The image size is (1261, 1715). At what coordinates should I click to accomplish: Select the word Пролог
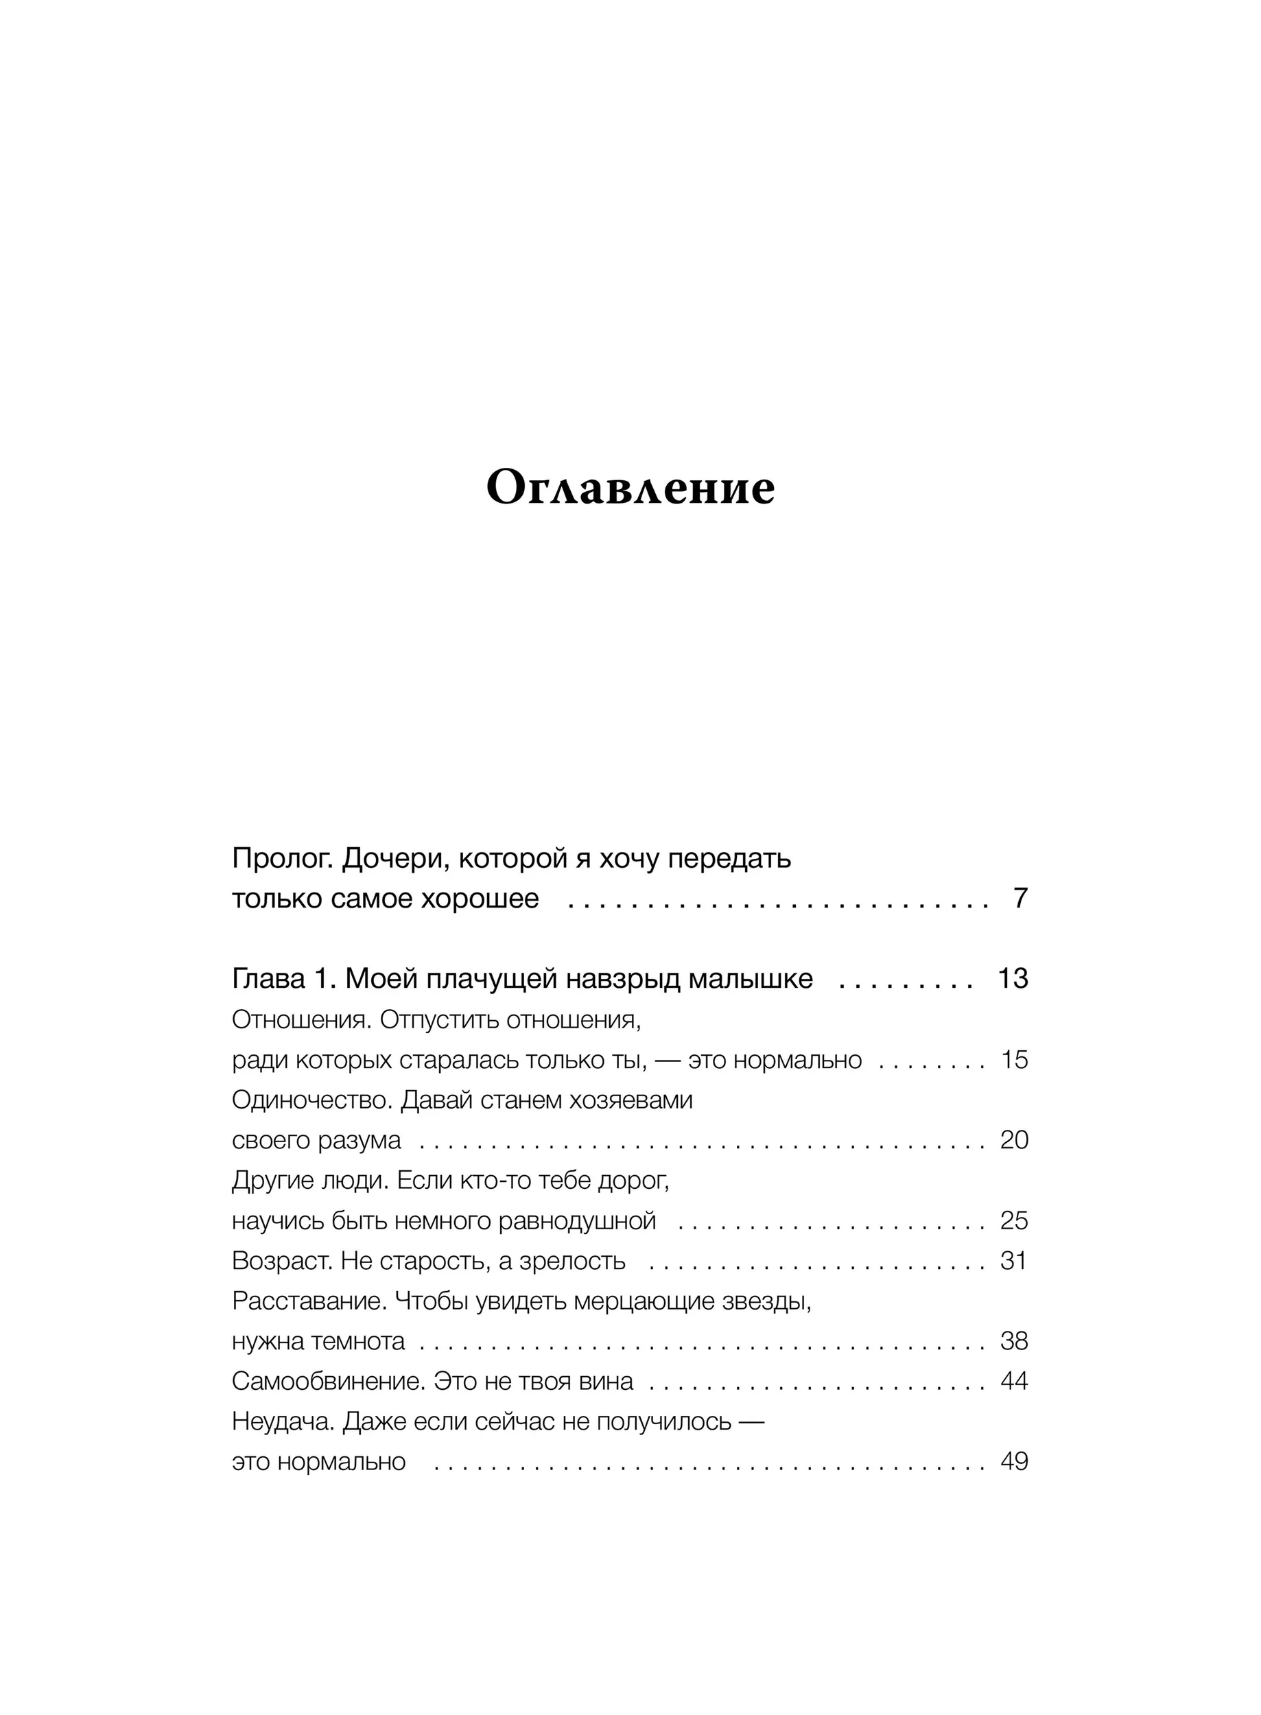pos(283,860)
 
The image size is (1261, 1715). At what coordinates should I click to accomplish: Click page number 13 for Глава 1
pos(1013,978)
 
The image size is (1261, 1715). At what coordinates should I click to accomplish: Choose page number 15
pos(1015,1060)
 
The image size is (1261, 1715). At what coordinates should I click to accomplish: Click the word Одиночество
pos(312,1100)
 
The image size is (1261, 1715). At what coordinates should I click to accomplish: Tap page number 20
pos(1014,1140)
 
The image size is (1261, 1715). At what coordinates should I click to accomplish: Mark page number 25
pos(1014,1221)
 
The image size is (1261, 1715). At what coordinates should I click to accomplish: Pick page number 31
pos(1014,1261)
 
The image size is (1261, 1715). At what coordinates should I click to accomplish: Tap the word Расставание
pos(310,1301)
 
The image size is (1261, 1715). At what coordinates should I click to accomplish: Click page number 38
pos(1014,1341)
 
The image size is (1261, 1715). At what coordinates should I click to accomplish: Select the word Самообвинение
pos(328,1382)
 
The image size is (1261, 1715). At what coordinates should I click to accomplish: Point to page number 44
pos(1014,1382)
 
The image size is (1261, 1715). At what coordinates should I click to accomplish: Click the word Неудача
pos(283,1422)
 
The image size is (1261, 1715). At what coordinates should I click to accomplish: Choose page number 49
pos(1014,1462)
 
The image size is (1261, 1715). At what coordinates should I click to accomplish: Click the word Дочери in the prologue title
pos(388,860)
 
